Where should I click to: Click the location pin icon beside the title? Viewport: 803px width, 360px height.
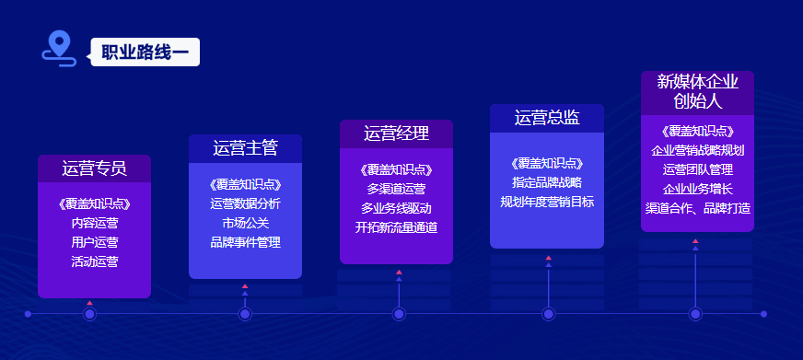point(59,49)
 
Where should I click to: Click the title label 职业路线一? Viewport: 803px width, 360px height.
point(145,52)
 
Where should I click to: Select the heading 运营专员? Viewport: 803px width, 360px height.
point(94,168)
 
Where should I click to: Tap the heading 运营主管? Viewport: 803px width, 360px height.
point(245,148)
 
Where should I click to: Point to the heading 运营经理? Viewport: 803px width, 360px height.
point(396,134)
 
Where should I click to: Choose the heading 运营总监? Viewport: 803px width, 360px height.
point(547,118)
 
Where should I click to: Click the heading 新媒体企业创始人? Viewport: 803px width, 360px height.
point(697,92)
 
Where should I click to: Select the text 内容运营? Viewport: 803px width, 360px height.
point(95,223)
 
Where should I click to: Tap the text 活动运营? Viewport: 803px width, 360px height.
point(95,262)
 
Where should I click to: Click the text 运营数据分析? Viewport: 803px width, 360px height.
point(245,203)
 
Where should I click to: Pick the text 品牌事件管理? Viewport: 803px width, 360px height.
point(245,243)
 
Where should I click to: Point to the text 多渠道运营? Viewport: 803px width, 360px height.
point(396,189)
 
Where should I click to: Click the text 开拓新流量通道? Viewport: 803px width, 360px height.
point(396,228)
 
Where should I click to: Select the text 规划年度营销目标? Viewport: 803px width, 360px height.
point(547,203)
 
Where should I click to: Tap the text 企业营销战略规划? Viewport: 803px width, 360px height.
point(697,151)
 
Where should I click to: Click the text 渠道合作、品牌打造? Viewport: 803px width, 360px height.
point(697,209)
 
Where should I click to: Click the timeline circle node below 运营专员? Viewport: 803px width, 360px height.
point(90,314)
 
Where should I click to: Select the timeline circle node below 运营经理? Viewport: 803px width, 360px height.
point(399,314)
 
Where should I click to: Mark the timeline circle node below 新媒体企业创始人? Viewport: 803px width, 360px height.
point(695,314)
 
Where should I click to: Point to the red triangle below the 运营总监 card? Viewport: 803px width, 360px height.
point(549,258)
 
